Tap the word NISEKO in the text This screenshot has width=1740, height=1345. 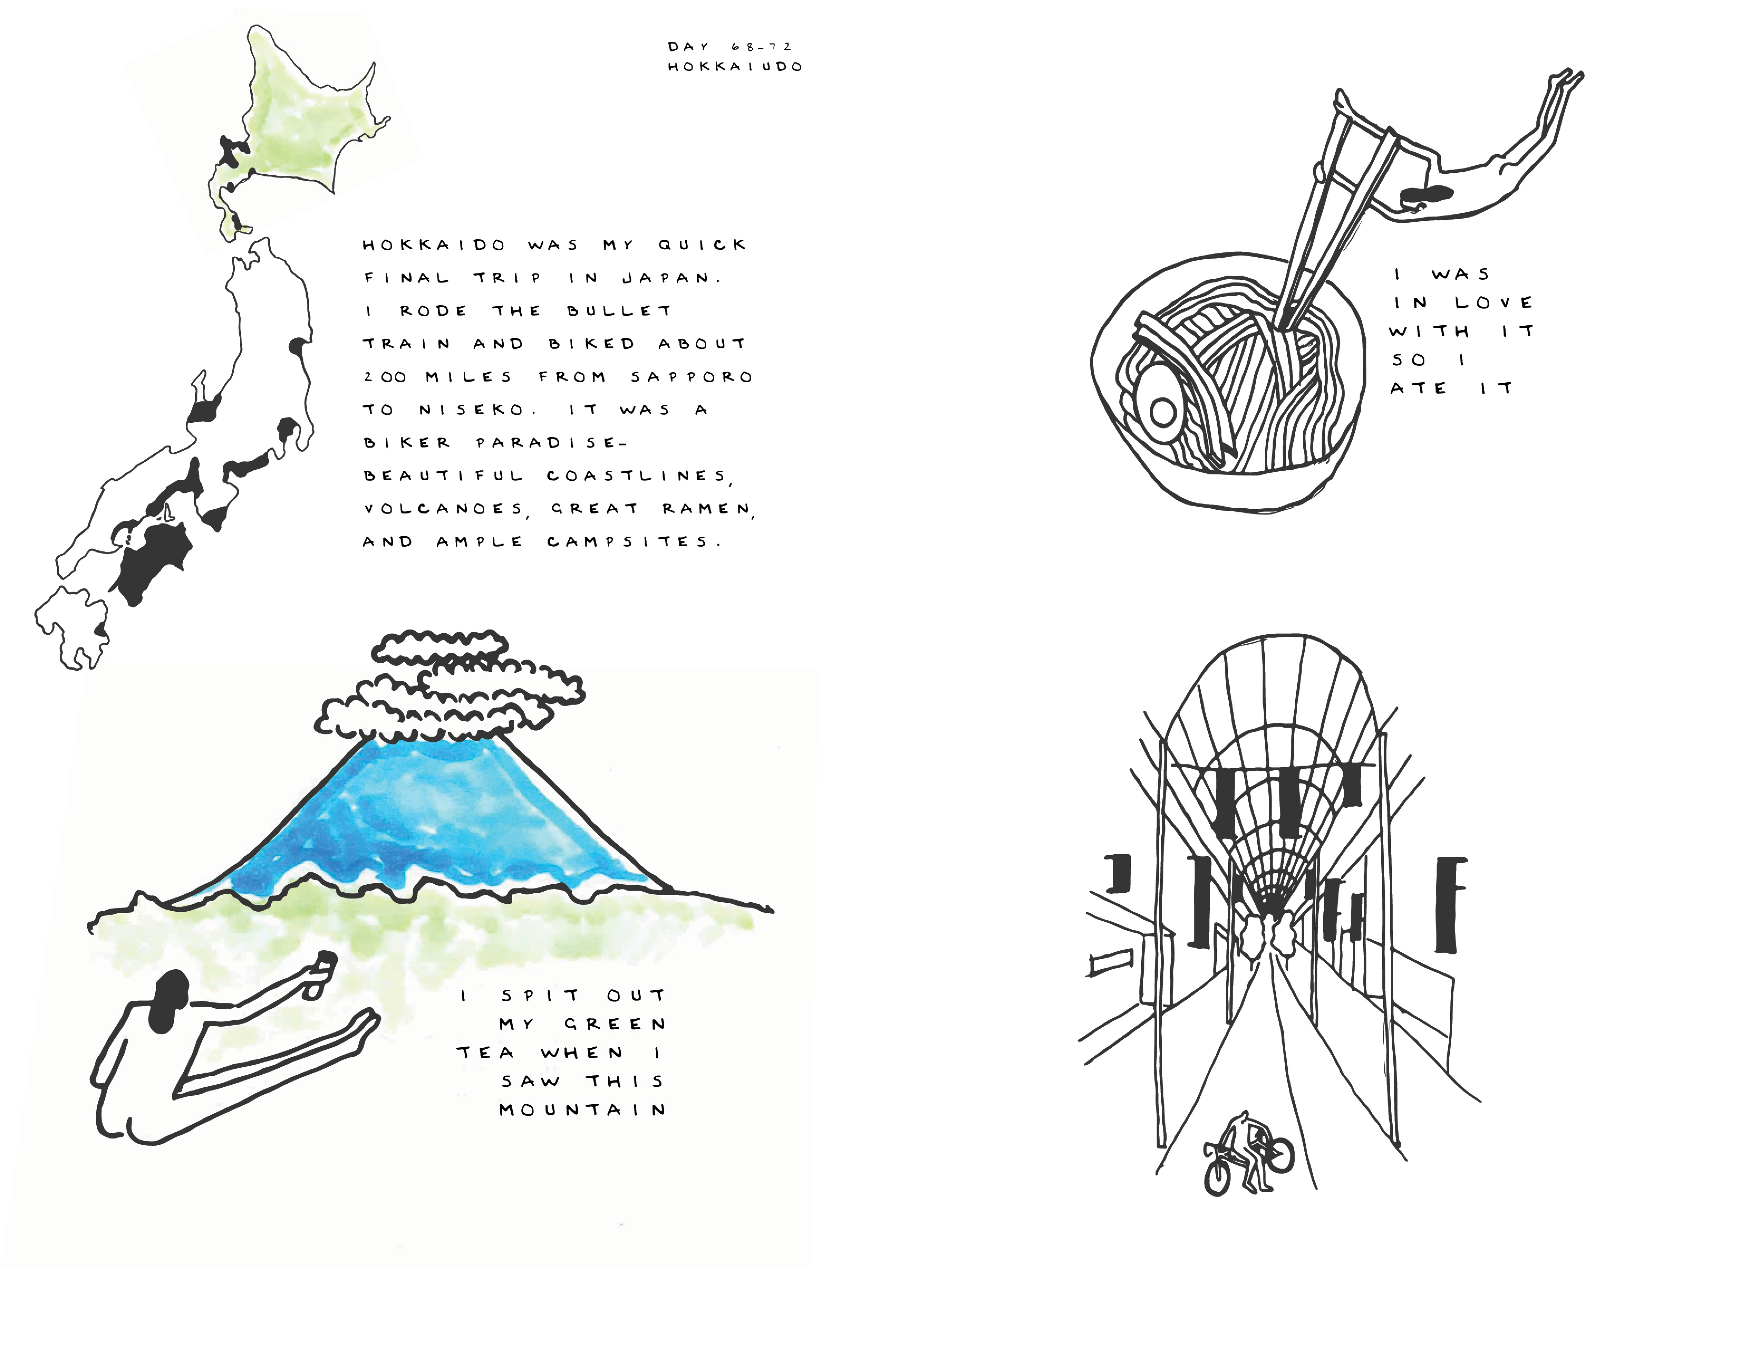pyautogui.click(x=472, y=410)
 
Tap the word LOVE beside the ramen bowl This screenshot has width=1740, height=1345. pyautogui.click(x=1494, y=303)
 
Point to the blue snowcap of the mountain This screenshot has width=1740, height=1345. pyautogui.click(x=430, y=821)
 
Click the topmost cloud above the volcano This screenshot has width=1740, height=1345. pyautogui.click(x=440, y=647)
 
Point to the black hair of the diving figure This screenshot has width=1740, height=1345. pyautogui.click(x=1426, y=194)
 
